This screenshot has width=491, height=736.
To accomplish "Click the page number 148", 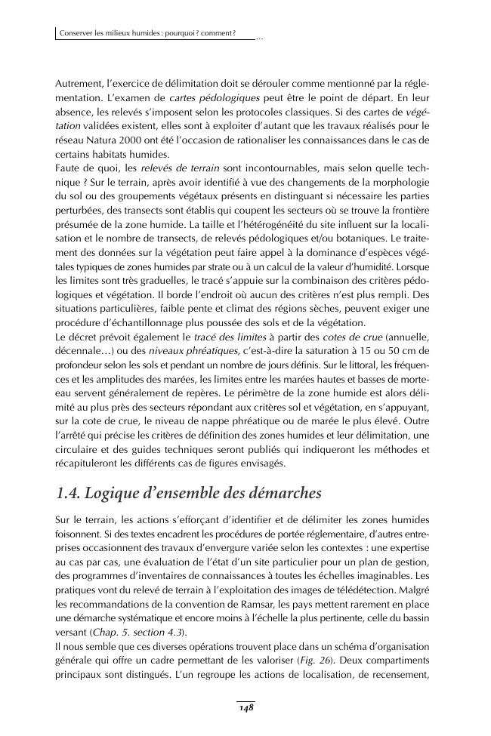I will [x=245, y=708].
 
